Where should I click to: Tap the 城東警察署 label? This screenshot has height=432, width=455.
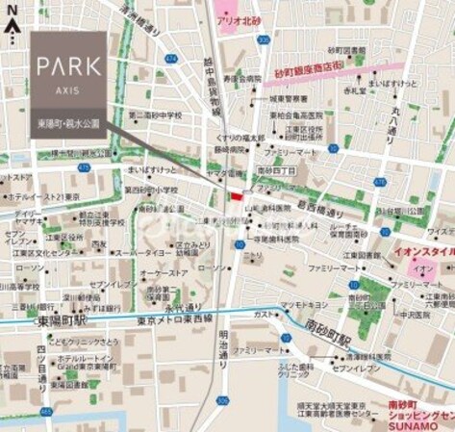pyautogui.click(x=288, y=98)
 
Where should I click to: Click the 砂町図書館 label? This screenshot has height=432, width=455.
pyautogui.click(x=347, y=49)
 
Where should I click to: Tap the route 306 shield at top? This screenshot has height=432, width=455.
pyautogui.click(x=264, y=39)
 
